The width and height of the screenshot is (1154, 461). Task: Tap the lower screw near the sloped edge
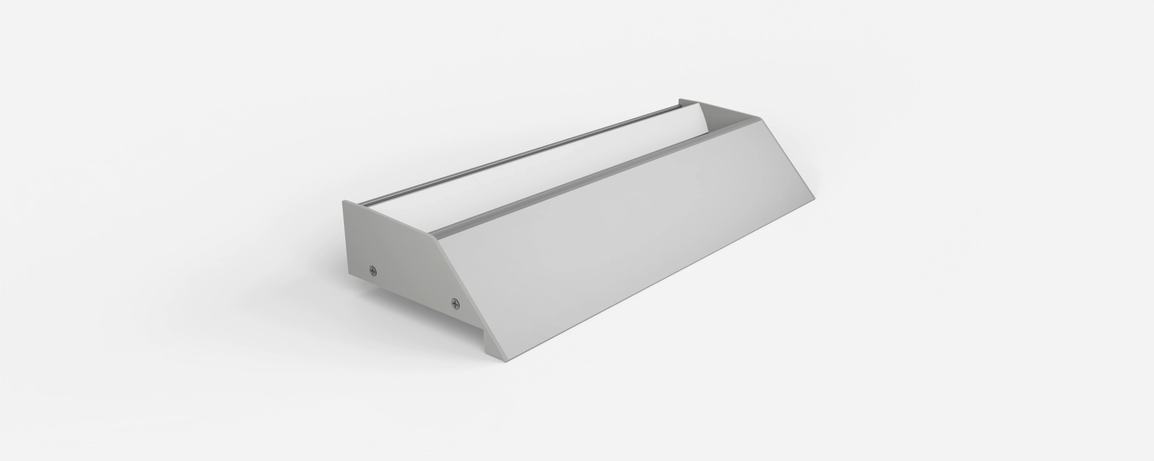tap(455, 304)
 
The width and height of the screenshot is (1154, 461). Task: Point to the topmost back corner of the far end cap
tap(680, 99)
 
